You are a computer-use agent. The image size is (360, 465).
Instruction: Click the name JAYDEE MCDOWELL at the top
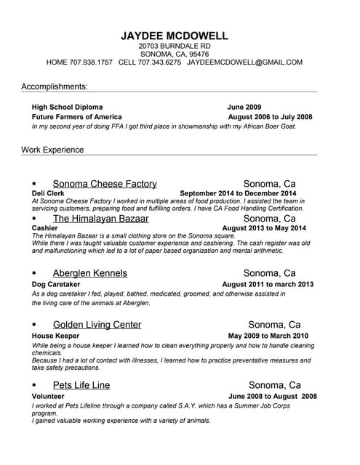click(175, 36)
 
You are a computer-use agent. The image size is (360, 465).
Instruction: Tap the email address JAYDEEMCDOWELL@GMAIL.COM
click(244, 62)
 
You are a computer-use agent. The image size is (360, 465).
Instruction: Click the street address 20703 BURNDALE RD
click(175, 46)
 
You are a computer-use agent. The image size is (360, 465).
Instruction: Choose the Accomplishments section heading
click(55, 86)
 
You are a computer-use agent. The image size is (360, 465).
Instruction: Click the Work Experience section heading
click(52, 150)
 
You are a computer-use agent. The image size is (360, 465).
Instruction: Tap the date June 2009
click(244, 107)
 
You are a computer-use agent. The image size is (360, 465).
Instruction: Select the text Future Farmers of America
click(77, 117)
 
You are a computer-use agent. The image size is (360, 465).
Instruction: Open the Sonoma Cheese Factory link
click(105, 184)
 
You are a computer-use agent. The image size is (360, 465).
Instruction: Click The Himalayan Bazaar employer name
click(100, 218)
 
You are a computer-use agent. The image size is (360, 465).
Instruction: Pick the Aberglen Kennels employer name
click(90, 273)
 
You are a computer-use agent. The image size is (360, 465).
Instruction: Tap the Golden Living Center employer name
click(97, 325)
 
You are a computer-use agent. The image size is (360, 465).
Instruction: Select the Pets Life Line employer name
click(81, 385)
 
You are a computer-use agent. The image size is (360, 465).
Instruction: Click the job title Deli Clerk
click(49, 193)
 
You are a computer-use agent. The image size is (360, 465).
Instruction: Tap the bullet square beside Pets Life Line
click(34, 385)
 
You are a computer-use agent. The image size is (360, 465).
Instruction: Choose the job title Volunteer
click(49, 396)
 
